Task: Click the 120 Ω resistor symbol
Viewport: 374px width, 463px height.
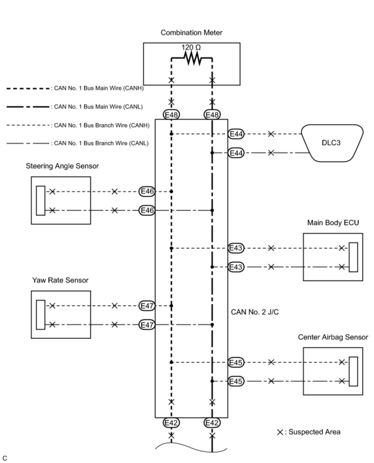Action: point(192,58)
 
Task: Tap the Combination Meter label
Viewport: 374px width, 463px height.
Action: point(191,33)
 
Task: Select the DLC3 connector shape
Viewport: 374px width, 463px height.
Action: point(331,143)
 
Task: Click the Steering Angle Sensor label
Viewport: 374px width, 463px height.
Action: point(62,166)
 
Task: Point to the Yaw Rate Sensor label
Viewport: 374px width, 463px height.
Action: point(60,280)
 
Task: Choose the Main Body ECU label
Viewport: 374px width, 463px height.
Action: point(333,223)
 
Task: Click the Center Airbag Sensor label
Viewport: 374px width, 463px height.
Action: point(333,337)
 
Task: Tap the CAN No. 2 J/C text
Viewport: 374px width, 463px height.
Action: point(255,312)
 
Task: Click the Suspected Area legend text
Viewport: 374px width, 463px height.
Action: point(314,432)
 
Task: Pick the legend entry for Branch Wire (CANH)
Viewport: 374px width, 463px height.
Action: point(102,125)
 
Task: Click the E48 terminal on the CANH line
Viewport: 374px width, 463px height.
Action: point(171,115)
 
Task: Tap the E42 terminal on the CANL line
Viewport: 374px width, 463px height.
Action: point(212,423)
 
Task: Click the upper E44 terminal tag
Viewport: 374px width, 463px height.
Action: point(236,134)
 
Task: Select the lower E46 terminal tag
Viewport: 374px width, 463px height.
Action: point(147,210)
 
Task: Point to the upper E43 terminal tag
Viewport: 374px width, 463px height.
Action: point(236,248)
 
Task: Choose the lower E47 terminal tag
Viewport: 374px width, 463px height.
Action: point(147,325)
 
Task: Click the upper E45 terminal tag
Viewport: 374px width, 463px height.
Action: point(236,362)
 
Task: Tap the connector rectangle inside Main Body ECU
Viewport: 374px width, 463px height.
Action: point(353,257)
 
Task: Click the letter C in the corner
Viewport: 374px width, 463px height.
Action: point(5,458)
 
